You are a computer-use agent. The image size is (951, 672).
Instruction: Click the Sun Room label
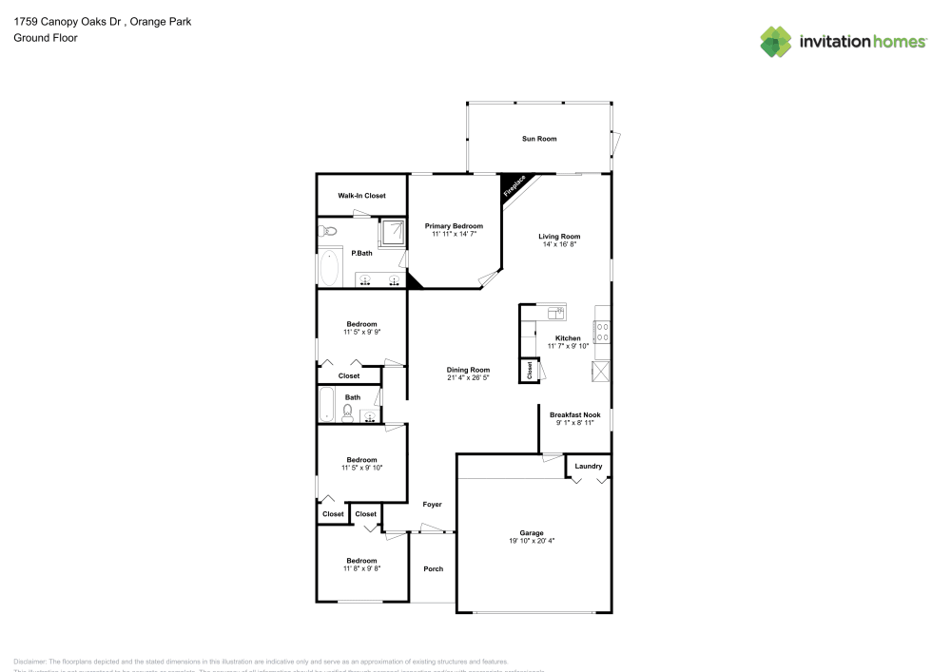pyautogui.click(x=538, y=139)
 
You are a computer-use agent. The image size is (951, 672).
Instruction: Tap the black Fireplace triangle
pyautogui.click(x=514, y=186)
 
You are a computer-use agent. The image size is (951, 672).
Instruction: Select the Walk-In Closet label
pyautogui.click(x=361, y=196)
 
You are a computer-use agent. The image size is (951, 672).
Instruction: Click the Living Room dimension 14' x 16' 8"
pyautogui.click(x=559, y=244)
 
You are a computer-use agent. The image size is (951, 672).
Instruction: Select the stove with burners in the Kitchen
pyautogui.click(x=602, y=332)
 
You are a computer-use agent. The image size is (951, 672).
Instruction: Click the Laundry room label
pyautogui.click(x=588, y=466)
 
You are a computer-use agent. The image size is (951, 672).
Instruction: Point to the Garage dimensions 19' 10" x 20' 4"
pyautogui.click(x=531, y=541)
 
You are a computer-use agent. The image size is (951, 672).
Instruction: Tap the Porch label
pyautogui.click(x=433, y=568)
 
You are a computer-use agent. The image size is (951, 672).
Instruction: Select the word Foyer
pyautogui.click(x=432, y=505)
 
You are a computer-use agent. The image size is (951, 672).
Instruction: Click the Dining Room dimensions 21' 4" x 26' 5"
pyautogui.click(x=468, y=377)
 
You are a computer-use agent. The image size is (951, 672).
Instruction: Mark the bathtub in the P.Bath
pyautogui.click(x=330, y=268)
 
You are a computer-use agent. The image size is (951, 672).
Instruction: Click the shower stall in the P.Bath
pyautogui.click(x=392, y=230)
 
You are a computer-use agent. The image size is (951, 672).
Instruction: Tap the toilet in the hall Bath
pyautogui.click(x=347, y=412)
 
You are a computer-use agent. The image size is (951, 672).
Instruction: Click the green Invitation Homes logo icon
pyautogui.click(x=775, y=42)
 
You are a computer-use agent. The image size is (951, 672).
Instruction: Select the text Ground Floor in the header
pyautogui.click(x=46, y=38)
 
